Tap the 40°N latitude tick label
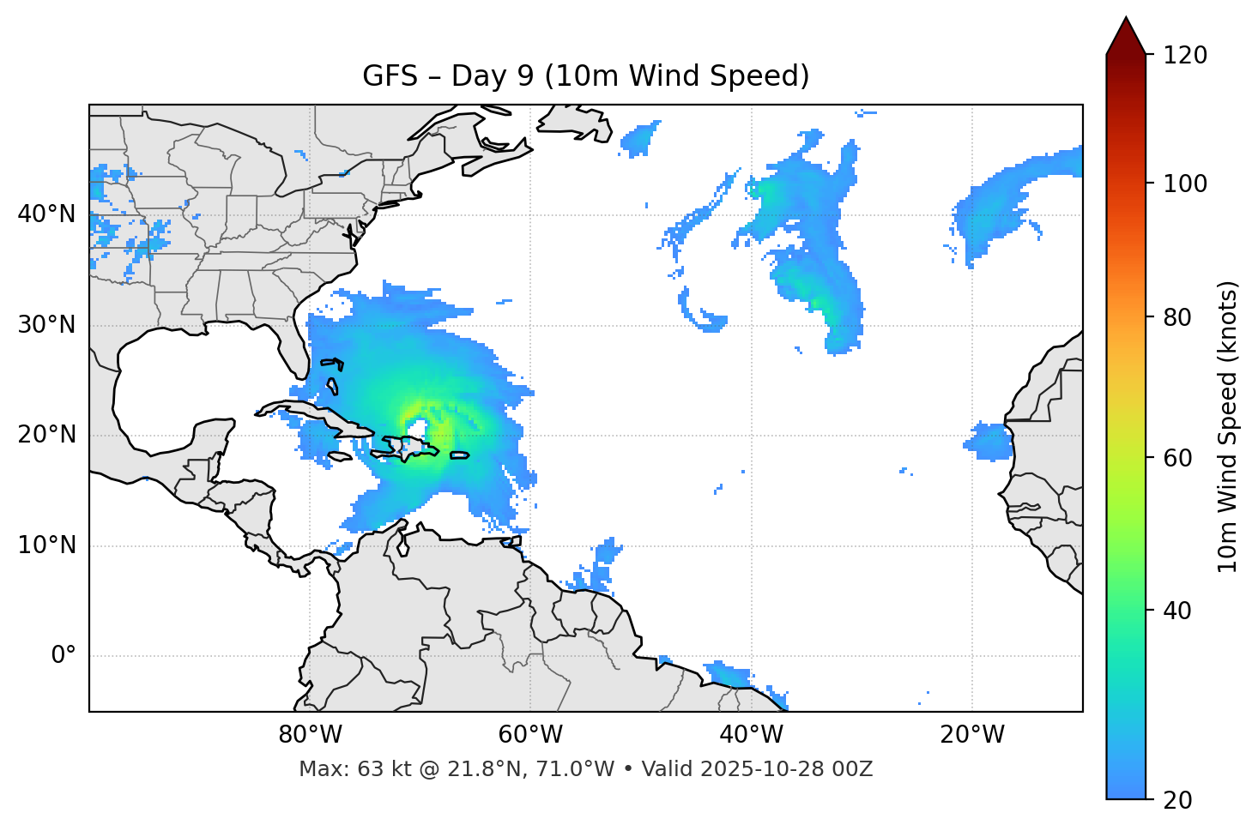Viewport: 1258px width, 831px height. (x=46, y=214)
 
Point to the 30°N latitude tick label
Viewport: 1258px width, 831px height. (x=46, y=325)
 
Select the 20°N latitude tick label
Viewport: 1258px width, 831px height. (x=46, y=435)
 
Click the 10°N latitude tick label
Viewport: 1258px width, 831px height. (x=46, y=545)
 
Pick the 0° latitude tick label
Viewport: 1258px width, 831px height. (x=63, y=656)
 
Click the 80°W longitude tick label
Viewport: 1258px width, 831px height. (x=310, y=735)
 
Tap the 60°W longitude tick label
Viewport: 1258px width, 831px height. (x=530, y=735)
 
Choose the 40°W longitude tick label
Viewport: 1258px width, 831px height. (x=752, y=735)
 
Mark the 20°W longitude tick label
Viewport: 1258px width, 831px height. (x=972, y=735)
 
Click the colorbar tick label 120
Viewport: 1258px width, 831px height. (x=1185, y=56)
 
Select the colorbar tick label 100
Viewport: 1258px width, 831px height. (x=1185, y=184)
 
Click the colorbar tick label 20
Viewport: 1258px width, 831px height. (x=1179, y=800)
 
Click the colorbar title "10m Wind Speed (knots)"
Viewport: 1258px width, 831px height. (x=1228, y=426)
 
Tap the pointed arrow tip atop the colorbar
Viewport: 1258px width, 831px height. (x=1126, y=19)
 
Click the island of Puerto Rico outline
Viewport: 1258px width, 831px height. (x=460, y=455)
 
